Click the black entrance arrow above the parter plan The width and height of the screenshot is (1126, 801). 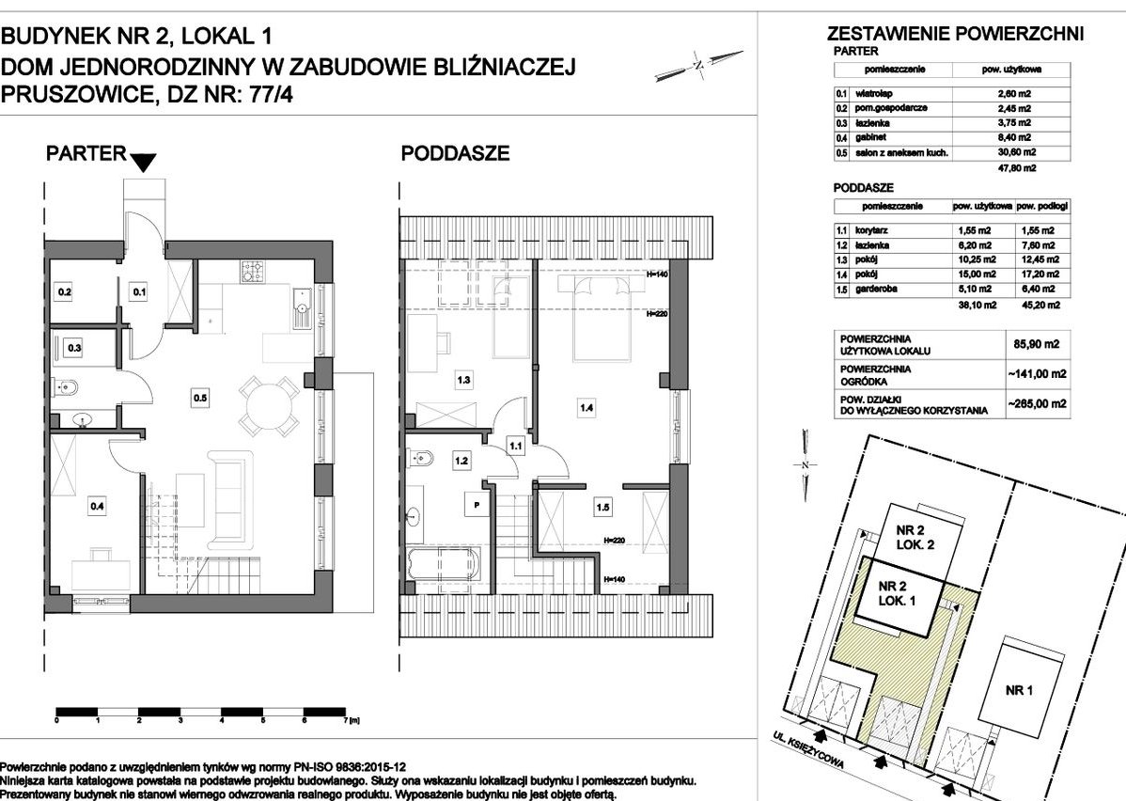click(143, 163)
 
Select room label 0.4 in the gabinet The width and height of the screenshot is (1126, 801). click(97, 507)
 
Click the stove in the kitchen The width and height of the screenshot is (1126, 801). click(253, 274)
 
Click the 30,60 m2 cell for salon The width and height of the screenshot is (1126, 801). click(1016, 151)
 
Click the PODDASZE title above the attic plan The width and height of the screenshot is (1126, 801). click(456, 154)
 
